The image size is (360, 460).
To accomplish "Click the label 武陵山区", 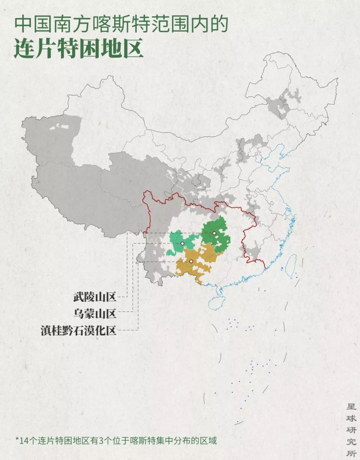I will (95, 297).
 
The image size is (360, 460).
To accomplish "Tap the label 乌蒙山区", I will (95, 313).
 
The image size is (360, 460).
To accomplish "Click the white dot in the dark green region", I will (214, 233).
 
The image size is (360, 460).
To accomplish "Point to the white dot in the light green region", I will (182, 244).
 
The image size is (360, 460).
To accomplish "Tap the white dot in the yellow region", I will (191, 261).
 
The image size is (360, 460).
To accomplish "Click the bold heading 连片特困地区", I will (79, 49).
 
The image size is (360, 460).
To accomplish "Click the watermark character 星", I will (351, 406).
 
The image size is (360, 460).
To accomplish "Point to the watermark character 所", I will (351, 453).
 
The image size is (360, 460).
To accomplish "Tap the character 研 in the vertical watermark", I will (351, 430).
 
